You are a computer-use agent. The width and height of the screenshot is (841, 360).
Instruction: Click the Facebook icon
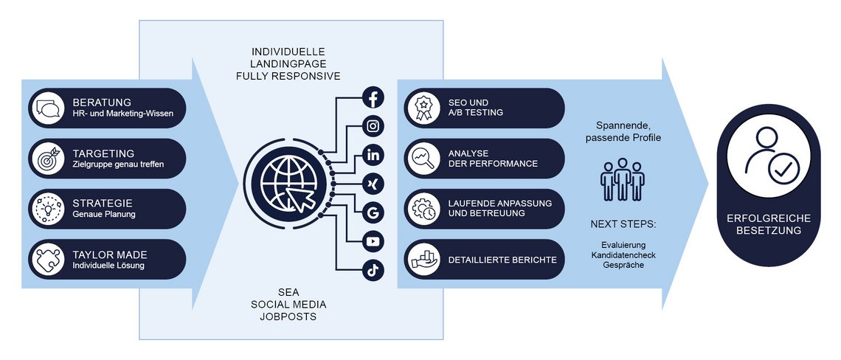(373, 98)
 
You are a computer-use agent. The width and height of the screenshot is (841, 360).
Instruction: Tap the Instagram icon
(373, 126)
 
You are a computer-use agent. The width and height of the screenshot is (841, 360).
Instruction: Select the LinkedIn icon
(373, 155)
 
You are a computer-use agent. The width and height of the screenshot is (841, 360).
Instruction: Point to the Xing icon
(373, 183)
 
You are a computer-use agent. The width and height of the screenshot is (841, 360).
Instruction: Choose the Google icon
(373, 213)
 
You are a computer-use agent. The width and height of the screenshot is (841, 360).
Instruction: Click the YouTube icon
(373, 241)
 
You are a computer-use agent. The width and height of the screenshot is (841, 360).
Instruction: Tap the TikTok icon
(373, 271)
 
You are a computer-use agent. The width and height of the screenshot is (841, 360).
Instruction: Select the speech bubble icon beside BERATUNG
(49, 108)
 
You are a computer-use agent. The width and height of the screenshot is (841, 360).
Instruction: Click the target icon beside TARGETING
(49, 159)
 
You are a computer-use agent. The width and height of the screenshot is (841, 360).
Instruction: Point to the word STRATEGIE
(103, 202)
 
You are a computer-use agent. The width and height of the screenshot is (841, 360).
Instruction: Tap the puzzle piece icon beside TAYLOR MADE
(49, 259)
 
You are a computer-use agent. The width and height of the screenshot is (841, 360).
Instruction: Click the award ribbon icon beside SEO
(424, 108)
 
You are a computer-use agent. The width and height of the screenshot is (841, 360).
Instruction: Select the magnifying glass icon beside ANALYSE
(424, 159)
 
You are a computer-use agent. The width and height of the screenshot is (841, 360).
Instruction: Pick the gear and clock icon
(424, 209)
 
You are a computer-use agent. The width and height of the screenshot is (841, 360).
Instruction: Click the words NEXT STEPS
(623, 224)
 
